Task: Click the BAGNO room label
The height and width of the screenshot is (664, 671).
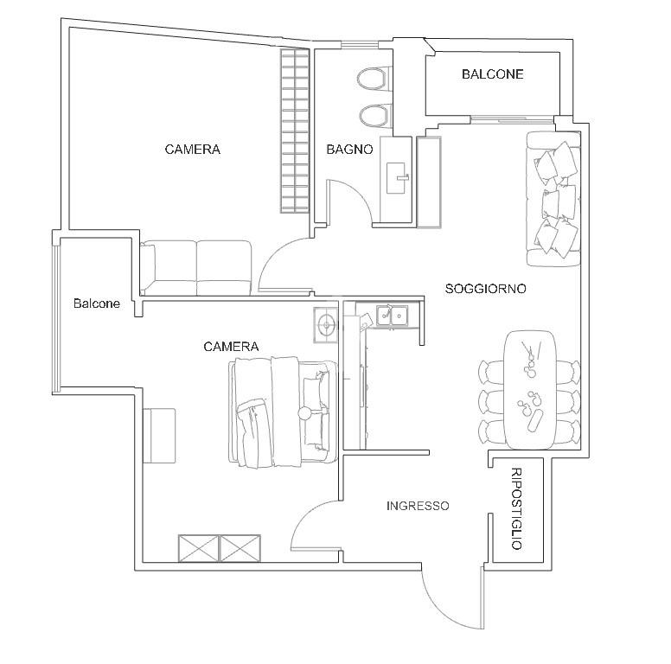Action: pos(349,150)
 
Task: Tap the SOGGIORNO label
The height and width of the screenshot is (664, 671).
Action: pos(486,289)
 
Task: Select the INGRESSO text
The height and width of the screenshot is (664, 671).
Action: pos(418,506)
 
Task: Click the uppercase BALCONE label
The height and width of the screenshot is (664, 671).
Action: pos(492,74)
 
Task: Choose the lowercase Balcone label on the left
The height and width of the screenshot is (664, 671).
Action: pos(97,303)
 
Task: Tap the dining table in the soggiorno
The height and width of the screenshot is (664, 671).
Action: pos(528,389)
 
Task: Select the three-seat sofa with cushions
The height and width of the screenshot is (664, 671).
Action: pos(553,199)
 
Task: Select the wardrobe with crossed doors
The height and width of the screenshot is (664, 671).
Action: pos(219,549)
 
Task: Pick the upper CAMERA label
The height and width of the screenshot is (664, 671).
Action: pos(192,150)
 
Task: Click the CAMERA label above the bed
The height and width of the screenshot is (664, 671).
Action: pos(231,347)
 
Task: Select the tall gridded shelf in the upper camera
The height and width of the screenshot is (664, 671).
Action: pos(294,130)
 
